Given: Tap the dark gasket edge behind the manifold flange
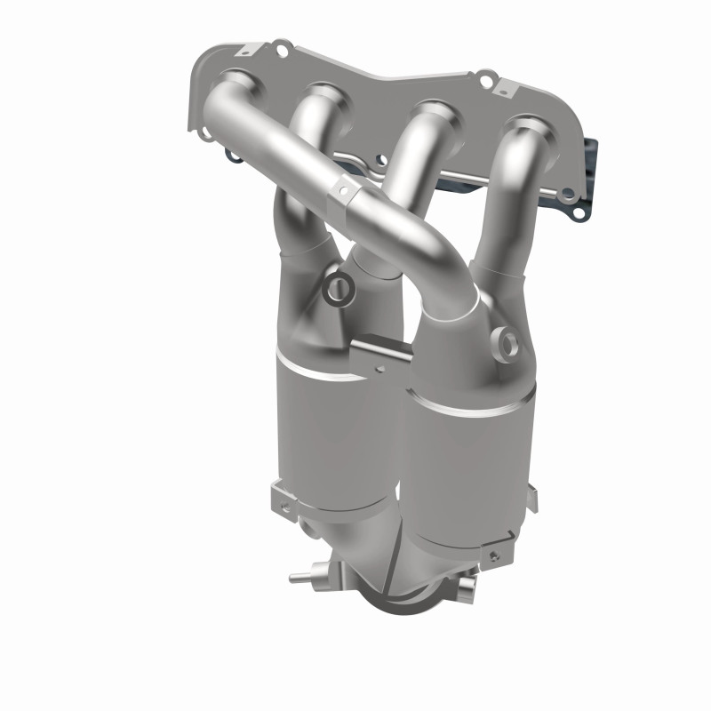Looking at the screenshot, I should [x=587, y=160].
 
